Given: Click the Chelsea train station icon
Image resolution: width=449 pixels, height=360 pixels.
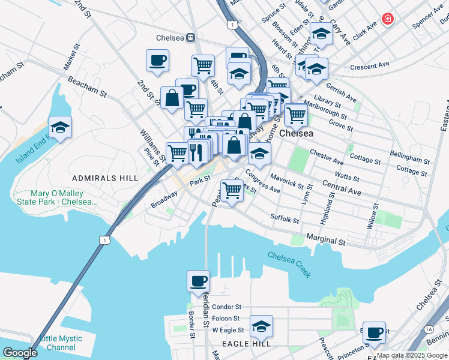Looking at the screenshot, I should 190,37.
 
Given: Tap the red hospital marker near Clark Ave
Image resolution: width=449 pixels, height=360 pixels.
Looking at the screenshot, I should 388,19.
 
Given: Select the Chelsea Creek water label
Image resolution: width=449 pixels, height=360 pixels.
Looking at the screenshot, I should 289,263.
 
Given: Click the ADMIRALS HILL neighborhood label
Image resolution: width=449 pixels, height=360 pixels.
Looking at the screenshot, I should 98,179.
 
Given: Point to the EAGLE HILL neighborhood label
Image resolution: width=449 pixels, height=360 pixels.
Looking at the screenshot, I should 246,343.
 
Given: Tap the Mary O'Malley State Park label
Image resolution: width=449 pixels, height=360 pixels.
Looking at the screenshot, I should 64,197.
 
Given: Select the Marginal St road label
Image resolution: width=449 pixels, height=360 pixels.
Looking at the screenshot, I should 326,241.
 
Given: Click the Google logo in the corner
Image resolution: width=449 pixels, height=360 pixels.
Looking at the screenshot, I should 20,352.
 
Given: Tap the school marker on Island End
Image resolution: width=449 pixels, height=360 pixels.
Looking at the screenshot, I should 60,127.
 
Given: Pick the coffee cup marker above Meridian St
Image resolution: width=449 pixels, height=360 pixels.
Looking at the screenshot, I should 198,281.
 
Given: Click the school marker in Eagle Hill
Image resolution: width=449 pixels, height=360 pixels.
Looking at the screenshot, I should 261,326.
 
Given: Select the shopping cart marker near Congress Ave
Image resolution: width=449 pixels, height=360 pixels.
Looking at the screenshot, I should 231,191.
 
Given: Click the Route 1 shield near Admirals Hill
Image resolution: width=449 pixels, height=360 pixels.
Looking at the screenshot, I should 106,240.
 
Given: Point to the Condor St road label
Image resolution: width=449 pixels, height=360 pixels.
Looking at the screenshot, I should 226,307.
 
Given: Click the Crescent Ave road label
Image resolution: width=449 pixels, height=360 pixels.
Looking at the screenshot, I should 370,65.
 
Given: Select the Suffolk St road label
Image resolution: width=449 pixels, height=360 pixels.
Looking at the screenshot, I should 285,219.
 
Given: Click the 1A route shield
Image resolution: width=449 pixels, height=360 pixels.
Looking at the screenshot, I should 428,329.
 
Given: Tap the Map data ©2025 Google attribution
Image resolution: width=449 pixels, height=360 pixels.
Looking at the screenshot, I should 412,355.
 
